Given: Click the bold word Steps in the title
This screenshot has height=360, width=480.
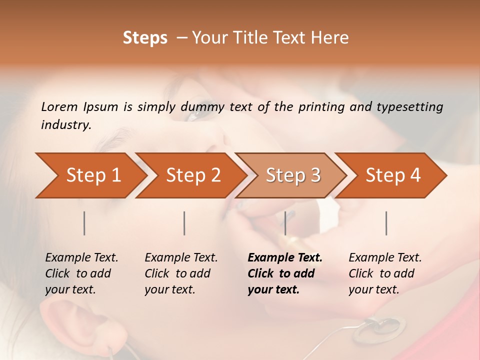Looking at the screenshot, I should pyautogui.click(x=145, y=38).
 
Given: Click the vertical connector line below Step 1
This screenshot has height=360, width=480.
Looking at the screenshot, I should pyautogui.click(x=84, y=223).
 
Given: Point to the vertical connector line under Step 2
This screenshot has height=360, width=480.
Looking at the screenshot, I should pyautogui.click(x=184, y=223).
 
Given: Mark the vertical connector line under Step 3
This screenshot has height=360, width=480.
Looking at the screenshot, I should pyautogui.click(x=285, y=223).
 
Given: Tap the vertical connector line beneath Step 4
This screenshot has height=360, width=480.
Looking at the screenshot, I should pyautogui.click(x=386, y=223).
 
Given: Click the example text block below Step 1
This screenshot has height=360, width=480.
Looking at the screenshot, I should pyautogui.click(x=81, y=273).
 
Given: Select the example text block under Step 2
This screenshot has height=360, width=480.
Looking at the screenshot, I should pyautogui.click(x=181, y=273).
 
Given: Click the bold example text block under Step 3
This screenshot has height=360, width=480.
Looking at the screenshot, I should pyautogui.click(x=285, y=273).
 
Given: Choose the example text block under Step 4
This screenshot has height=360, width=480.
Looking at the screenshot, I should pyautogui.click(x=385, y=273).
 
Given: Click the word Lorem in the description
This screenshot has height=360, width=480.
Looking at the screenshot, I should pyautogui.click(x=59, y=107).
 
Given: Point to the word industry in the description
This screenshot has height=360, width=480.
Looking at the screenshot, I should pyautogui.click(x=66, y=125).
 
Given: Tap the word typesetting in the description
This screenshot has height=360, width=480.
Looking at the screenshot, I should pyautogui.click(x=409, y=107).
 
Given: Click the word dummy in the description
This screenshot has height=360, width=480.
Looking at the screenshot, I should pyautogui.click(x=204, y=107).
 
